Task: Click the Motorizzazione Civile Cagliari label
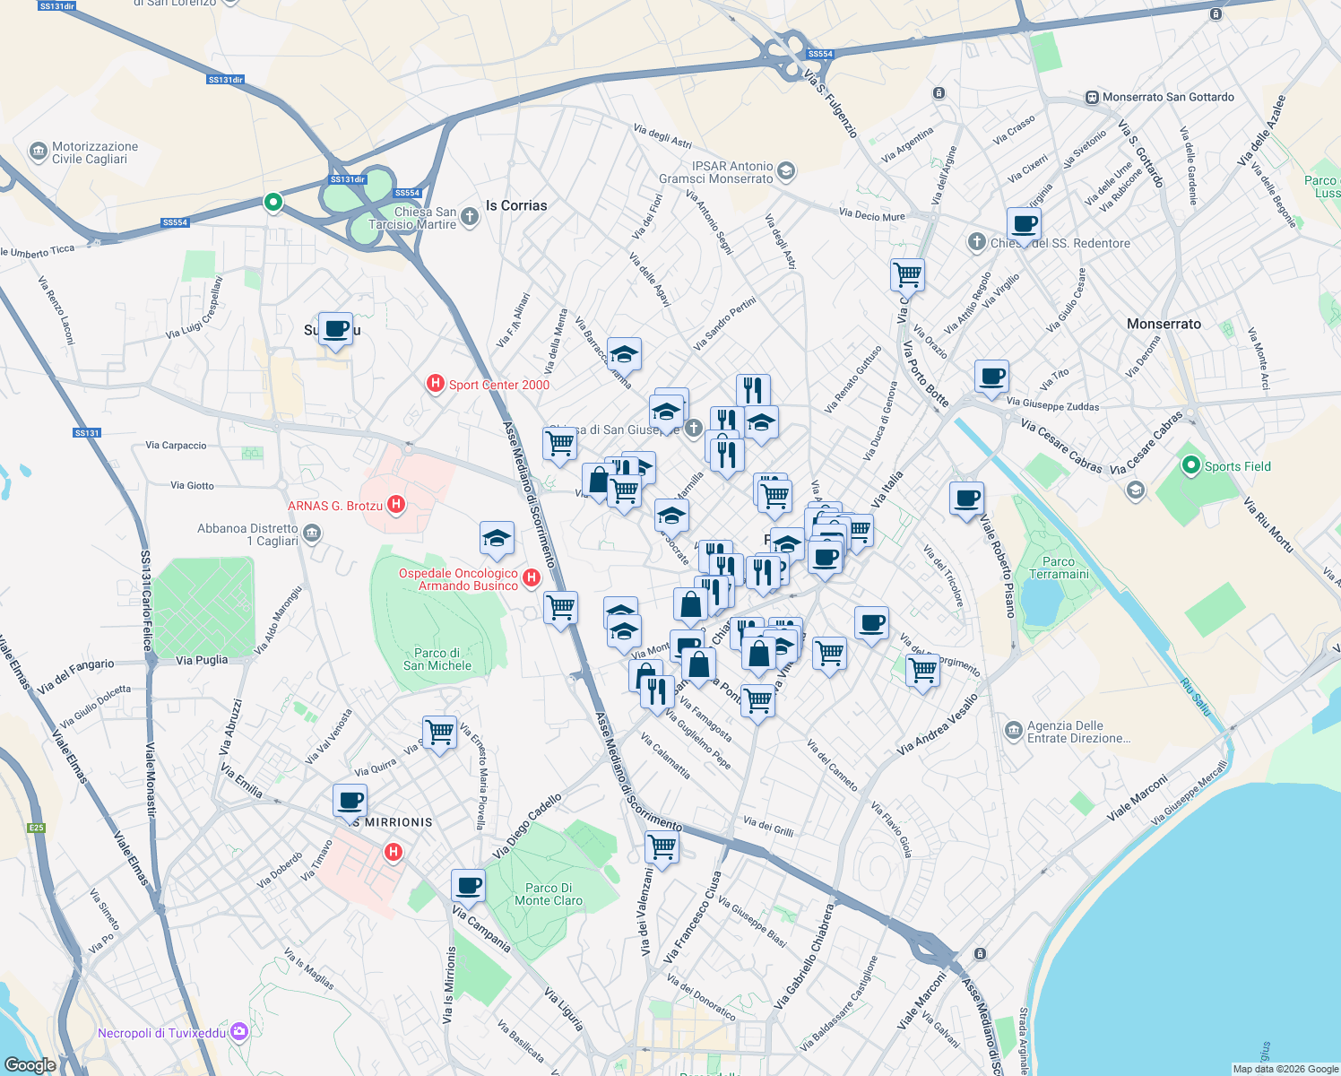tap(95, 152)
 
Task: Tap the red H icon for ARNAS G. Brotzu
tap(395, 506)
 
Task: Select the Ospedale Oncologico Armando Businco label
tap(458, 579)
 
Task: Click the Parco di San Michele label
tap(437, 659)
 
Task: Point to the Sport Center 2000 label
tap(498, 385)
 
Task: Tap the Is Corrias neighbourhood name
tap(516, 205)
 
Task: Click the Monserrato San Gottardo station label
tap(1168, 97)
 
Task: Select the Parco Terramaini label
tap(1059, 568)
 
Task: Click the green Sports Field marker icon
tap(1190, 465)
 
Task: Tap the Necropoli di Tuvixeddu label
tap(162, 1033)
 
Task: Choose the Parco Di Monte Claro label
tap(549, 894)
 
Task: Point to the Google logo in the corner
tap(30, 1064)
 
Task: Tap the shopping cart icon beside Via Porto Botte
tap(907, 274)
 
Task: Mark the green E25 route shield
tap(36, 828)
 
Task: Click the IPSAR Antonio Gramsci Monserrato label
tap(715, 172)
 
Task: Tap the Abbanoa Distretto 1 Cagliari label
tap(247, 534)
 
